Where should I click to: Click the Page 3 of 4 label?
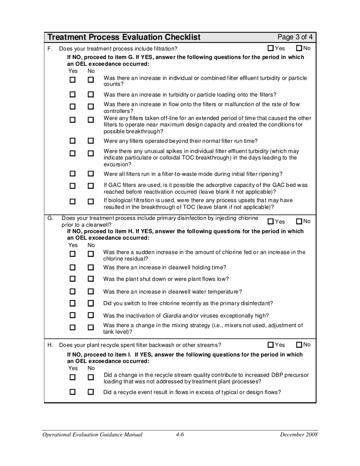295,37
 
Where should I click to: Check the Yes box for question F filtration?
271,48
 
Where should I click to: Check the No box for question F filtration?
299,48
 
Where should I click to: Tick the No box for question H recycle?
299,345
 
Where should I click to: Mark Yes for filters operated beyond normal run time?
73,141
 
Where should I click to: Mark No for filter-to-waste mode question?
91,174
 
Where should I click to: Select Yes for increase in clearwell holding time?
73,267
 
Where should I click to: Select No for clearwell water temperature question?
91,292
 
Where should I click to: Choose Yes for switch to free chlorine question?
73,303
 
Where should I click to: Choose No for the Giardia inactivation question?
91,315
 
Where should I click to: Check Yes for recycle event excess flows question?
73,392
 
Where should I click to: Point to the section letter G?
50,218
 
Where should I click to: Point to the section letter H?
50,345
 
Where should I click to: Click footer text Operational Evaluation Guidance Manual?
92,435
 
